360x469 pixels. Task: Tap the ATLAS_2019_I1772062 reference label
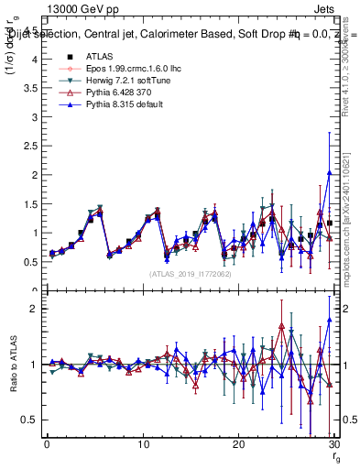pyautogui.click(x=190, y=274)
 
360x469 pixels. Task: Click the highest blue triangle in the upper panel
pyautogui.click(x=329, y=173)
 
